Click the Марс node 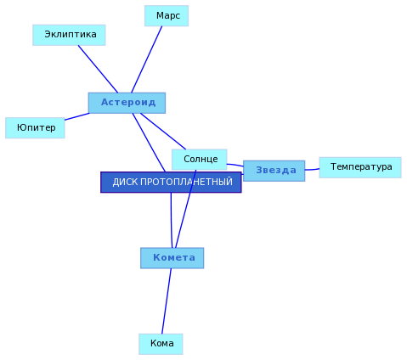[167, 16]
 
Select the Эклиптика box [69, 35]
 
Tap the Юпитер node [35, 128]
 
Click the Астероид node [127, 103]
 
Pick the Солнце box [200, 160]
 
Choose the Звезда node [274, 171]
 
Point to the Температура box [360, 167]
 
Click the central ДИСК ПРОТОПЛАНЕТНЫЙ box [171, 183]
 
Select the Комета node [172, 258]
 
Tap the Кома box [161, 344]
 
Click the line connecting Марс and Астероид [147, 59]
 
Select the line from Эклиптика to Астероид [98, 69]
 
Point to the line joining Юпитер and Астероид [77, 116]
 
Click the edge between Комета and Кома [167, 301]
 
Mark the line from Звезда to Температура [312, 170]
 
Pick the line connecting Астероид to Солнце [163, 132]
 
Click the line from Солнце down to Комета [186, 209]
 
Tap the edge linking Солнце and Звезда [235, 165]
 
